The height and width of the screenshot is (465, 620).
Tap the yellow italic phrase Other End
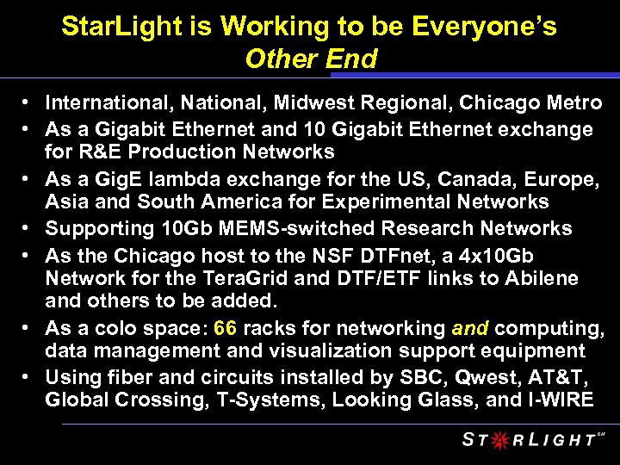(311, 59)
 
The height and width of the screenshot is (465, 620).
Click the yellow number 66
(226, 327)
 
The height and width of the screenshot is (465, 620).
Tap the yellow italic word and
(470, 327)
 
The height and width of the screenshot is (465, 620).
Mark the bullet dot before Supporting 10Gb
(28, 228)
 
